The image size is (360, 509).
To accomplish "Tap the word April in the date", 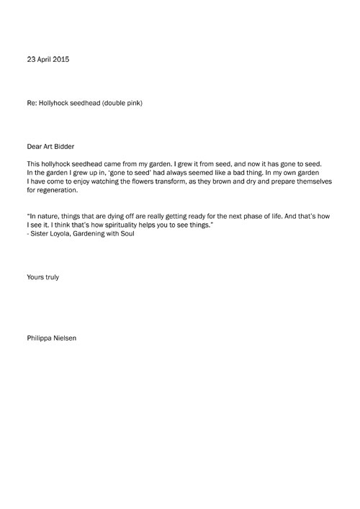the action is point(45,59).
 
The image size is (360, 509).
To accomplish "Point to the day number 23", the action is point(30,59).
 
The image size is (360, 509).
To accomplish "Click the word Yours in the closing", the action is point(34,276).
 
